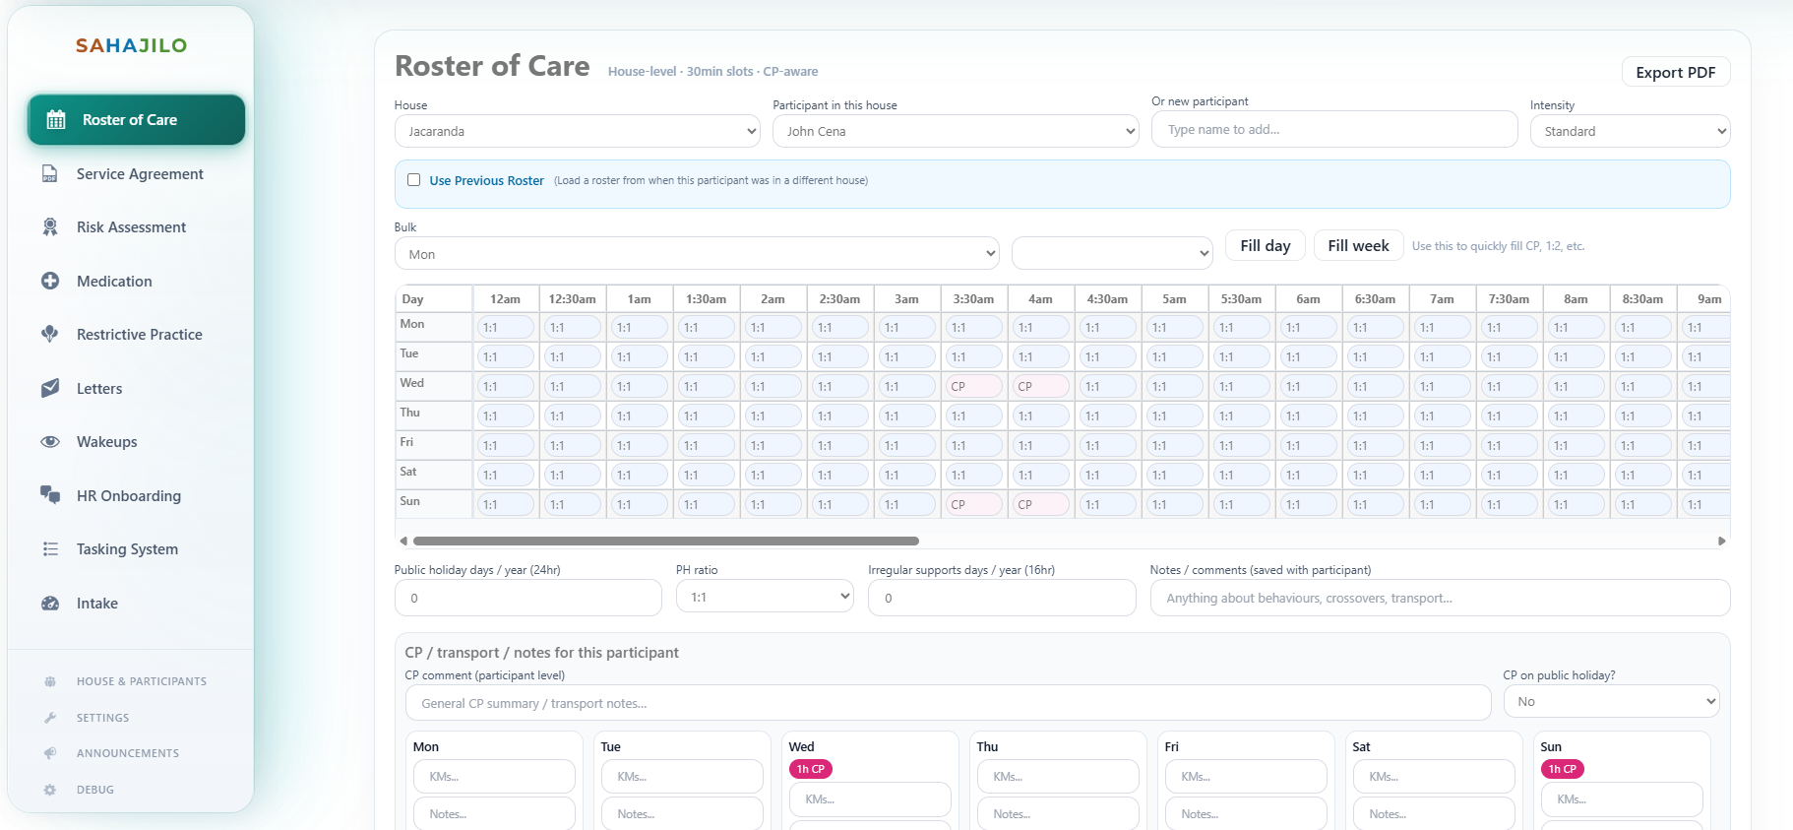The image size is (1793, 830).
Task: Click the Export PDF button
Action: [x=1675, y=72]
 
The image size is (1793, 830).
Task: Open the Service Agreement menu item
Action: [x=140, y=174]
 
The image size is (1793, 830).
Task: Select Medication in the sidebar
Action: [x=114, y=282]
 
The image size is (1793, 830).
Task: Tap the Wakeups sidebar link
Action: [x=106, y=442]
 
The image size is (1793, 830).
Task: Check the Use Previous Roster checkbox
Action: [x=414, y=180]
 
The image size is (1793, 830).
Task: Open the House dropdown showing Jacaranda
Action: [x=577, y=131]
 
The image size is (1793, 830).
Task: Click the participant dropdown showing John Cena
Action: [x=955, y=131]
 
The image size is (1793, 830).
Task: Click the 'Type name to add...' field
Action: [x=1333, y=130]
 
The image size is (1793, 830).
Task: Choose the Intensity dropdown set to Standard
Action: [x=1630, y=131]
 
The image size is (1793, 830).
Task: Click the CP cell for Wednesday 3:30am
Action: [x=972, y=387]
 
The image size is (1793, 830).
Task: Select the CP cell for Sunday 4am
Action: [x=1039, y=505]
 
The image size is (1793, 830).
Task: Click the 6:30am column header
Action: [x=1375, y=299]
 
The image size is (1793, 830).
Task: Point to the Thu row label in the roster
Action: [x=410, y=414]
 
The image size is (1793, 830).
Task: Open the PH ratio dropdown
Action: [x=765, y=597]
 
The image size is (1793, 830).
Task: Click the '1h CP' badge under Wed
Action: [x=811, y=769]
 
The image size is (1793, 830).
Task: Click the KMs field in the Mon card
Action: [x=494, y=777]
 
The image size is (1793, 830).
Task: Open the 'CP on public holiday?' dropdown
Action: [x=1611, y=701]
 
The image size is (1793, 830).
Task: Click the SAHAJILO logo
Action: [x=131, y=45]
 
